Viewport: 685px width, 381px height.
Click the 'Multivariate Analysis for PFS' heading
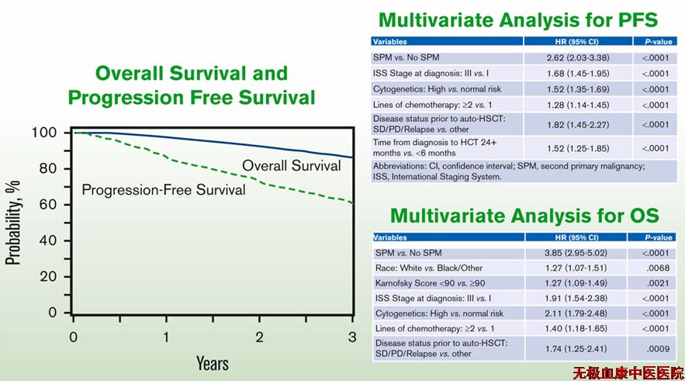coord(518,20)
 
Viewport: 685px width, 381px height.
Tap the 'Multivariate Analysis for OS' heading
coord(524,216)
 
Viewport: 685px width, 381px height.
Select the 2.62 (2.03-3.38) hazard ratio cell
coord(578,57)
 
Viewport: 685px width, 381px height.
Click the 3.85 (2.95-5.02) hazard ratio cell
coord(576,253)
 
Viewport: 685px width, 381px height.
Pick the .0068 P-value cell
coord(658,268)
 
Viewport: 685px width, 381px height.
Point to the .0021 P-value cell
coord(658,283)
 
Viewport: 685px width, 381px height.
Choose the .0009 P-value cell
coord(658,348)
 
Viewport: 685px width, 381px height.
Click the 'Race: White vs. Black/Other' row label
coord(428,268)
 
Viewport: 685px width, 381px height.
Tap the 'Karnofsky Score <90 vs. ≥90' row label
coord(430,283)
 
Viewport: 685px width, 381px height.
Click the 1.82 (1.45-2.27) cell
coord(578,124)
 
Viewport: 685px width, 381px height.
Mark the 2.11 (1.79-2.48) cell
coord(576,313)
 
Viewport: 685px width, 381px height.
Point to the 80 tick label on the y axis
coord(47,168)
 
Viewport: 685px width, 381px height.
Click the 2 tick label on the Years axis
coord(260,337)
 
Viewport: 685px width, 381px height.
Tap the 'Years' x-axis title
coord(213,363)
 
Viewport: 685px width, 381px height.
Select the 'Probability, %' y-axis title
coord(13,223)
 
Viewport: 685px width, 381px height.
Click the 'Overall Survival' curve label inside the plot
coord(292,165)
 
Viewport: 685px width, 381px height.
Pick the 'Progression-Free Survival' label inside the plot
coord(164,189)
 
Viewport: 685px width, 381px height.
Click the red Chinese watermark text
coord(628,373)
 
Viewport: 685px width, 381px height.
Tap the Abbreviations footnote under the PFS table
coord(508,171)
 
